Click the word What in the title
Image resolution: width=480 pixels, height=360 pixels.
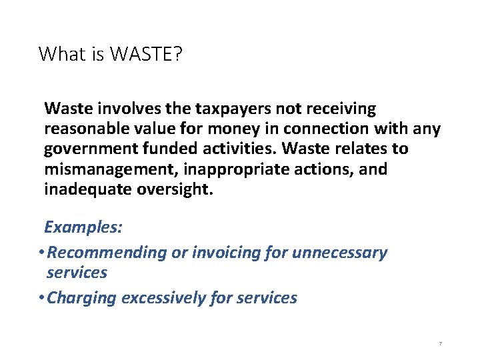(x=63, y=54)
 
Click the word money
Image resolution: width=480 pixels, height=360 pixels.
(x=237, y=129)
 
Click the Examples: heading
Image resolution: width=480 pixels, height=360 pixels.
(x=83, y=227)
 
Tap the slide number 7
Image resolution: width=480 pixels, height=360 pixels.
(x=439, y=343)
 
